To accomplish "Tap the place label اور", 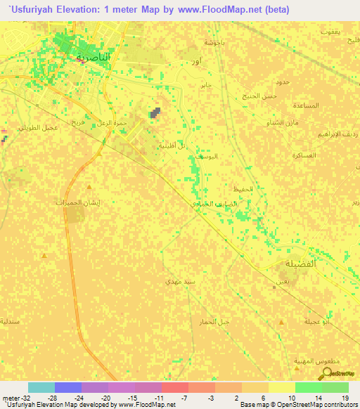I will click(198, 63).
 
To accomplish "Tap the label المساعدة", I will click(306, 105).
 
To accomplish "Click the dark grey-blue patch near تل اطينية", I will click(155, 112).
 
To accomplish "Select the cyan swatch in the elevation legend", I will click(41, 387).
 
